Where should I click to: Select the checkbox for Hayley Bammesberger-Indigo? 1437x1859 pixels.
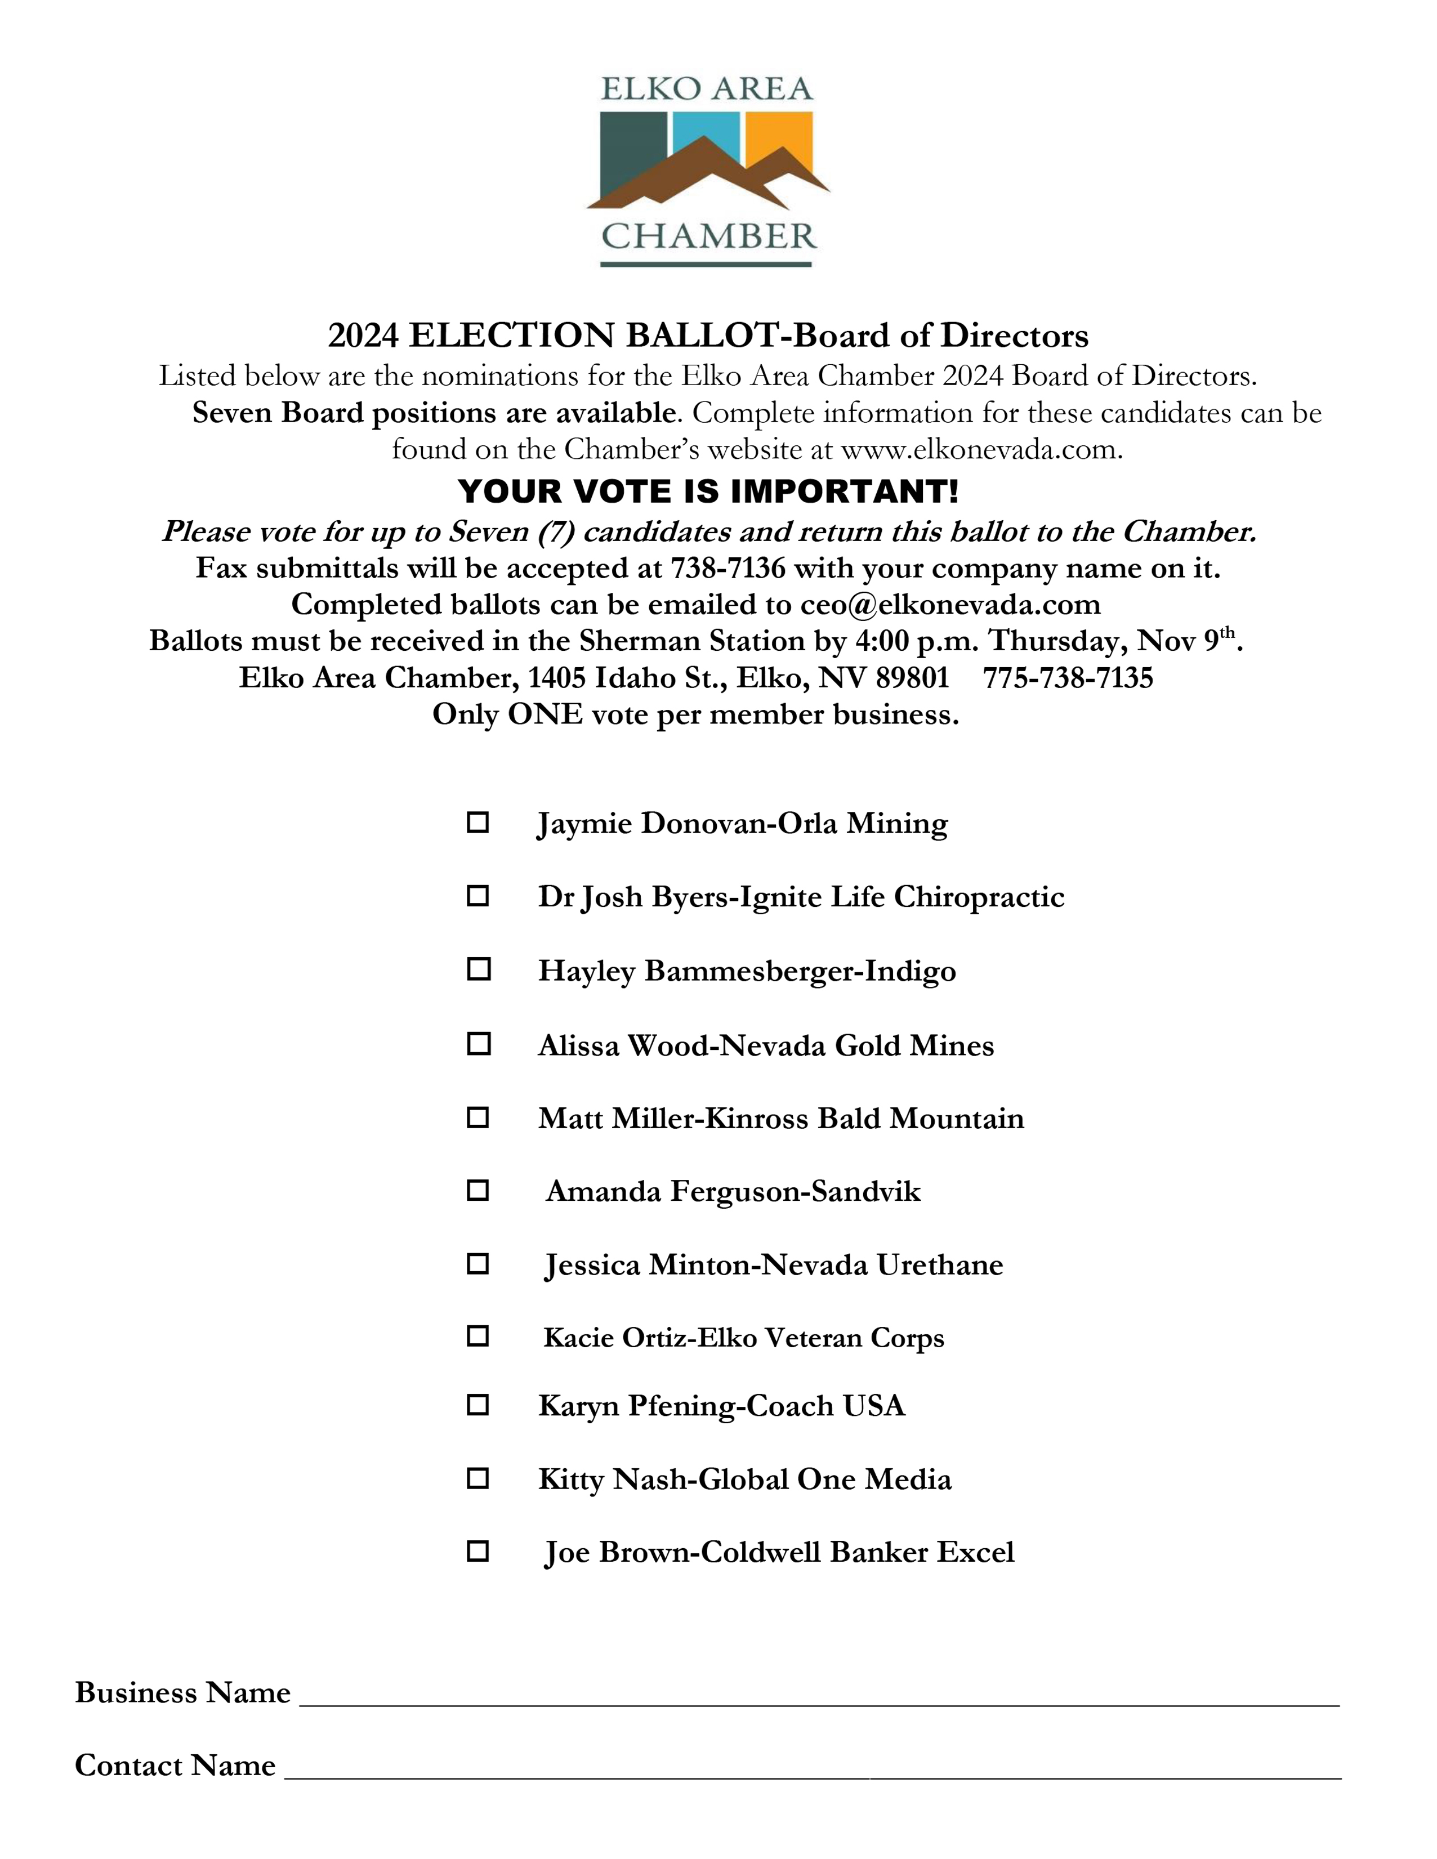point(479,969)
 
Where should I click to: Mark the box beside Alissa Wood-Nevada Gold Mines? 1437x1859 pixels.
point(479,1044)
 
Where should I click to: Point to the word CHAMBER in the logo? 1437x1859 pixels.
point(708,236)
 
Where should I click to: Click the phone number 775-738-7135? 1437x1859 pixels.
point(1068,677)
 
